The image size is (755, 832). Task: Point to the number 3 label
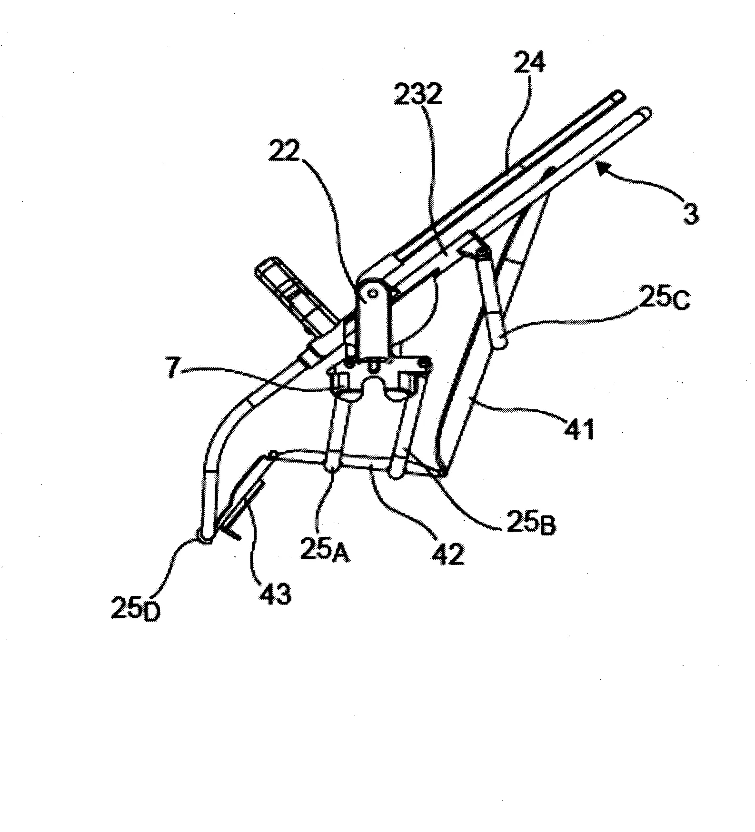pos(690,213)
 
